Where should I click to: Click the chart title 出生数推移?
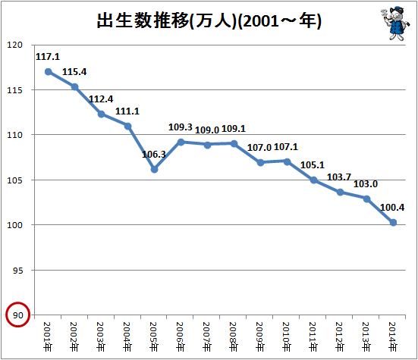pyautogui.click(x=143, y=20)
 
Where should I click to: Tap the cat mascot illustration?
pyautogui.click(x=395, y=24)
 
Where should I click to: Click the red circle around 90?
pyautogui.click(x=18, y=315)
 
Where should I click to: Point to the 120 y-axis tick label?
pyautogui.click(x=14, y=45)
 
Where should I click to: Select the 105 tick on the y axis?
pyautogui.click(x=14, y=180)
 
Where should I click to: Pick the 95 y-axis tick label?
pyautogui.click(x=18, y=271)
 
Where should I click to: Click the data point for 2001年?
pyautogui.click(x=49, y=72)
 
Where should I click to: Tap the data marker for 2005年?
pyautogui.click(x=154, y=169)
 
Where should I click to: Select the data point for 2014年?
pyautogui.click(x=393, y=222)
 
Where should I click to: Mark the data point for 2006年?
pyautogui.click(x=181, y=142)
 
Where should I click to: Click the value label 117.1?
pyautogui.click(x=48, y=56)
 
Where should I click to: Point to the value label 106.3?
pyautogui.click(x=154, y=154)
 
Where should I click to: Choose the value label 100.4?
pyautogui.click(x=392, y=208)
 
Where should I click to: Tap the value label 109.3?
pyautogui.click(x=181, y=127)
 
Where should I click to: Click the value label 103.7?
pyautogui.click(x=339, y=177)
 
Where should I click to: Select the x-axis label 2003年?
pyautogui.click(x=100, y=337)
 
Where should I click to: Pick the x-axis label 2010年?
pyautogui.click(x=286, y=337)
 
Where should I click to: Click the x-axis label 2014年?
pyautogui.click(x=392, y=337)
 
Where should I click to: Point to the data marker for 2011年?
pyautogui.click(x=314, y=180)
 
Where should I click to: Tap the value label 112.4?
pyautogui.click(x=101, y=99)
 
